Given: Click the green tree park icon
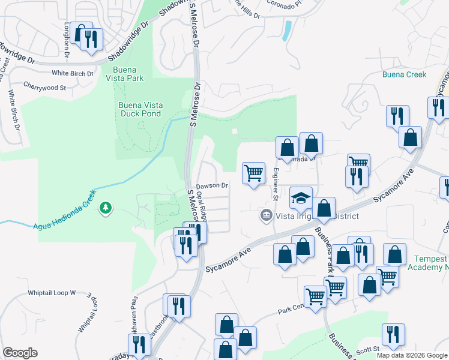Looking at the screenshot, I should point(106,208).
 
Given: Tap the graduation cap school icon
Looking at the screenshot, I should point(301,197).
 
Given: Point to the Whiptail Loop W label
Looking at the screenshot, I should point(52,293).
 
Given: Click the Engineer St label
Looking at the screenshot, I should point(276,184).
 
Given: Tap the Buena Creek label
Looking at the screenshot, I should point(404,74).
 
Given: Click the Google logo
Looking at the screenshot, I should point(20,353).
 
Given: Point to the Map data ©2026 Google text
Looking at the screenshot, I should point(412,355).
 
